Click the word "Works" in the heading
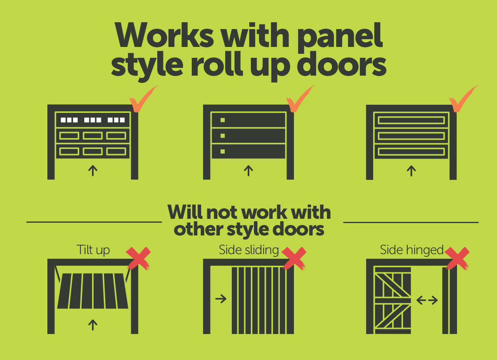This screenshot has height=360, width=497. (164, 35)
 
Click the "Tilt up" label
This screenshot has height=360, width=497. (93, 250)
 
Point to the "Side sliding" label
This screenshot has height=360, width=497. (249, 250)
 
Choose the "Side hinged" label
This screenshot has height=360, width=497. (412, 250)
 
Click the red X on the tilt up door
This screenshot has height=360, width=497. (138, 258)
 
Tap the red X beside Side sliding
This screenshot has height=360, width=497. (294, 258)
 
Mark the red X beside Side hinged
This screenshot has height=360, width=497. (457, 258)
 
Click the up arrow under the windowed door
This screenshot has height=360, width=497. (92, 170)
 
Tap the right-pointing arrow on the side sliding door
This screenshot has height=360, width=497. (221, 298)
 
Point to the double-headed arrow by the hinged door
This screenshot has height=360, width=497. (427, 300)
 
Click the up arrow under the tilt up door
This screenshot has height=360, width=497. (92, 325)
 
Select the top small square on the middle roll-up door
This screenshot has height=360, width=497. (223, 120)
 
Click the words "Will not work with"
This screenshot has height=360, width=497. (249, 212)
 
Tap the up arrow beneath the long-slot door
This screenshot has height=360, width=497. (411, 171)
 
